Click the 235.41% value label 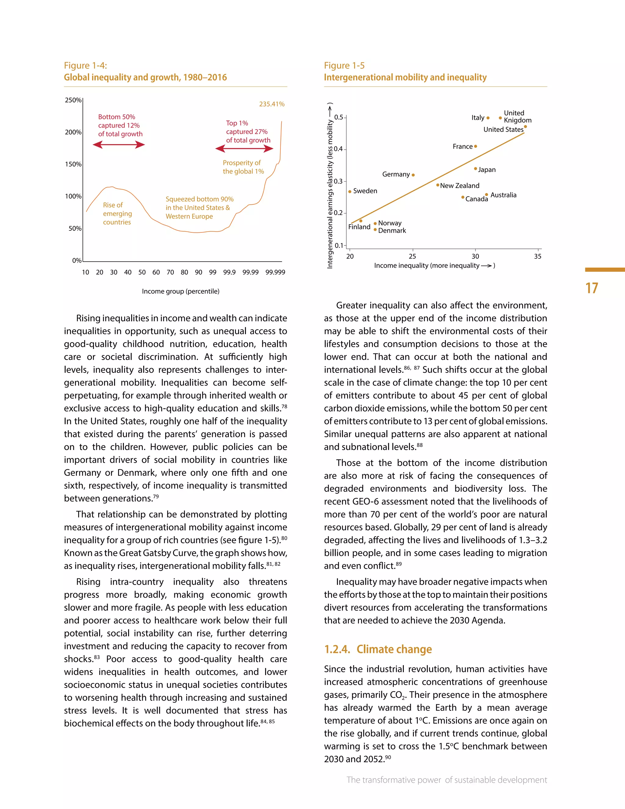coord(272,104)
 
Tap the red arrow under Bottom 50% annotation coord(118,145)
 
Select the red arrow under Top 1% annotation coord(244,149)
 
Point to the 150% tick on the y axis coord(73,164)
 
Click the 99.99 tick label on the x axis coord(250,272)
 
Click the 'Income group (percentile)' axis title coord(181,291)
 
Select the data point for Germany coord(413,175)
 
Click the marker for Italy coord(488,118)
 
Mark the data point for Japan coord(475,169)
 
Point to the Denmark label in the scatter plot coord(392,231)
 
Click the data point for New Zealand coord(438,185)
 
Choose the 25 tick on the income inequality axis coord(413,256)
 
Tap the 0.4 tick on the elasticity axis coord(338,149)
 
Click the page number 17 coord(592,288)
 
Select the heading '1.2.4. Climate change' coord(378,649)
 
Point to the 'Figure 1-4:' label coord(85,66)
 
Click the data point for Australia coord(486,194)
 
